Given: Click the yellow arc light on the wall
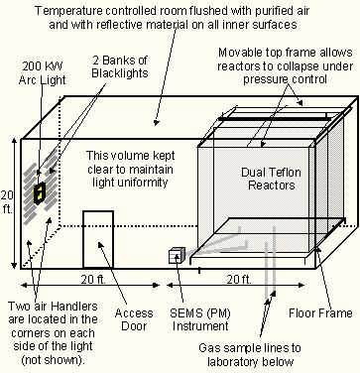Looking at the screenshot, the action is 40,192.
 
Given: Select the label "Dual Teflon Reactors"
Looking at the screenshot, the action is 271,179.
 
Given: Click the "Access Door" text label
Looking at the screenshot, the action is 134,319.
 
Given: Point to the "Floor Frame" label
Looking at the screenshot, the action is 320,312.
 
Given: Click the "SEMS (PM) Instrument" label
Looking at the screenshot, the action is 200,319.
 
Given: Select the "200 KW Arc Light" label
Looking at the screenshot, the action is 42,73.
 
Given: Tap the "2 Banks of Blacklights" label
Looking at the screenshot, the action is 120,66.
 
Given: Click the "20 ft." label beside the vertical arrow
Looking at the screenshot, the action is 7,202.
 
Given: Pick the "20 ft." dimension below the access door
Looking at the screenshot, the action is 93,280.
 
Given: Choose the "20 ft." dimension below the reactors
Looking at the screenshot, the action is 239,280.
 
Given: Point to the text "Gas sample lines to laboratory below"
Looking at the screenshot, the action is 250,354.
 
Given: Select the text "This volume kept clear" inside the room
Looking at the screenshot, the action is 130,162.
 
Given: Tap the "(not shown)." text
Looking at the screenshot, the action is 54,360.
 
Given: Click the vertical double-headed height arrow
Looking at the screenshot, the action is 14,204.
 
